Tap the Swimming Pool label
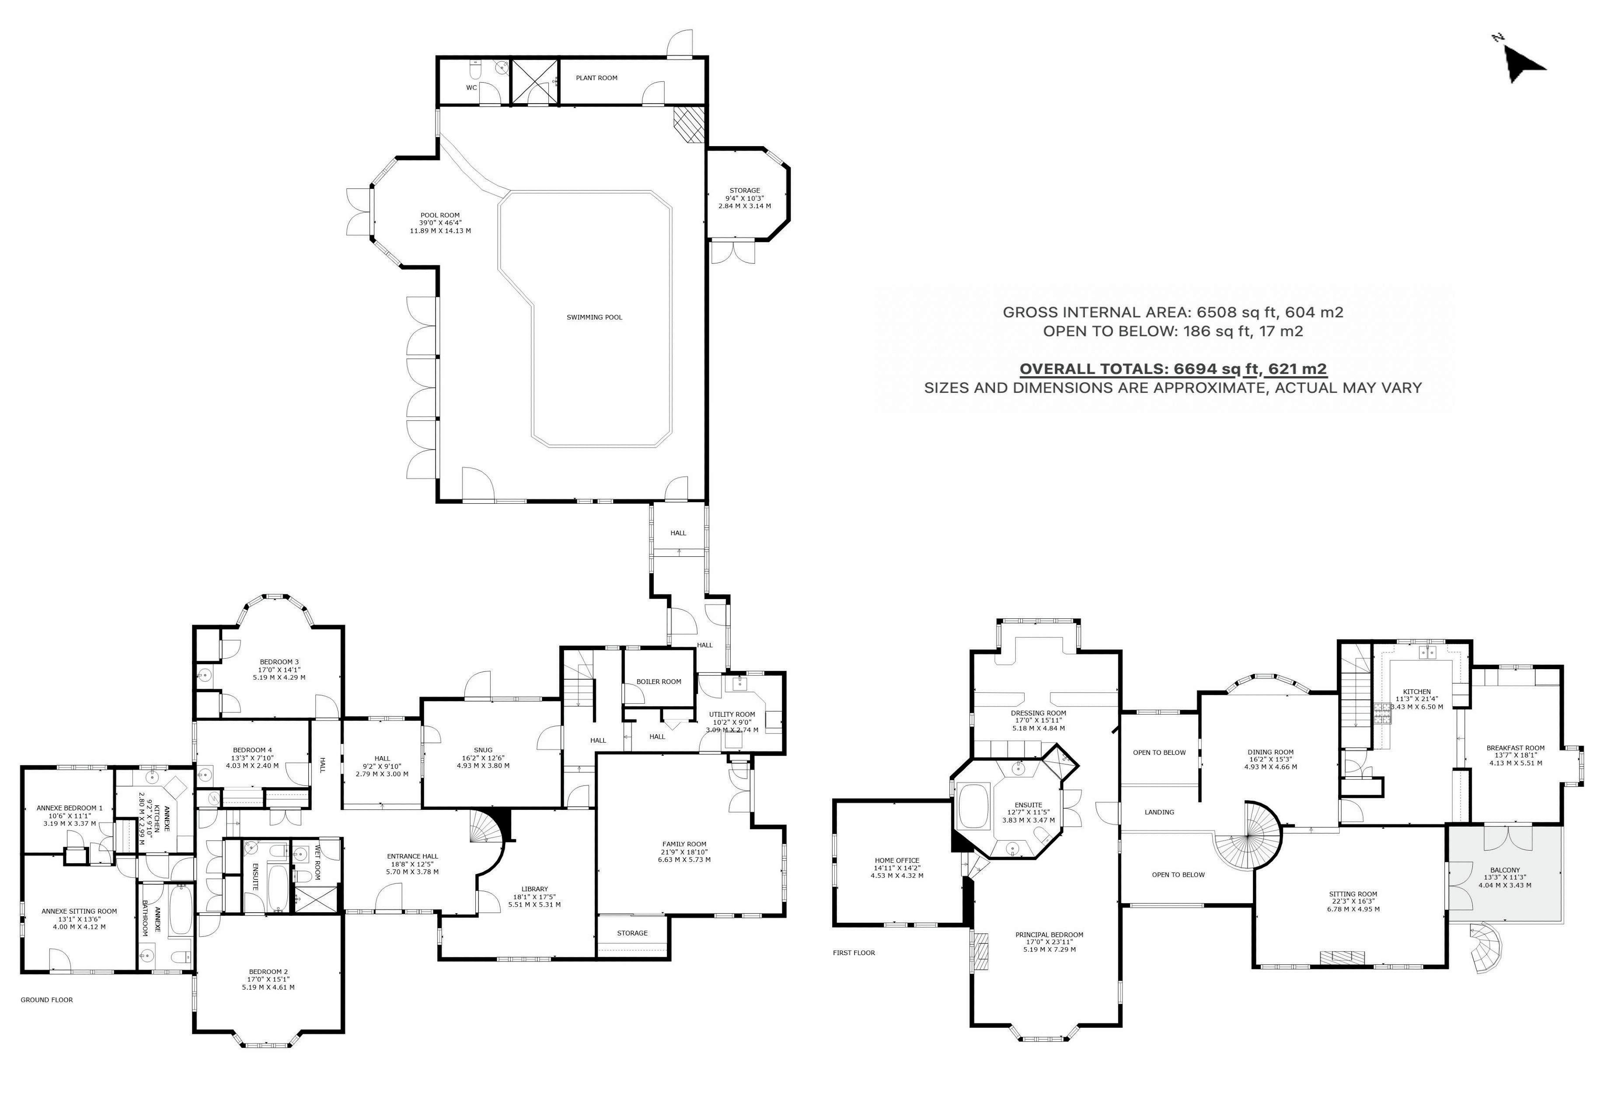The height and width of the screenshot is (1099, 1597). click(x=594, y=317)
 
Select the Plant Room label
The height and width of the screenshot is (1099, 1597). click(x=596, y=78)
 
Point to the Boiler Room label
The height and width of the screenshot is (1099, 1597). click(x=658, y=682)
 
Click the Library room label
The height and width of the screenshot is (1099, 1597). click(x=534, y=889)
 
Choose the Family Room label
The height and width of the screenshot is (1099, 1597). click(x=684, y=844)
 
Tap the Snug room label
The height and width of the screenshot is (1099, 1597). click(x=483, y=750)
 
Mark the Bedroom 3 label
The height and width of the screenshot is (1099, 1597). click(x=279, y=662)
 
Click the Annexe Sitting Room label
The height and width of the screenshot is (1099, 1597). click(x=79, y=911)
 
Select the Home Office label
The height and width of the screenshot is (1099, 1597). click(x=897, y=860)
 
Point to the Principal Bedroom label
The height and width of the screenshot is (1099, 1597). click(x=1049, y=935)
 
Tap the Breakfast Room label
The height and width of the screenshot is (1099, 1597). click(x=1515, y=748)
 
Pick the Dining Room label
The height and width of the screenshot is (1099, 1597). click(x=1270, y=752)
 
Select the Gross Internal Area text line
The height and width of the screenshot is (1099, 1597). click(x=1173, y=312)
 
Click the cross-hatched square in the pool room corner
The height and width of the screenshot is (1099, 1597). click(x=690, y=125)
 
